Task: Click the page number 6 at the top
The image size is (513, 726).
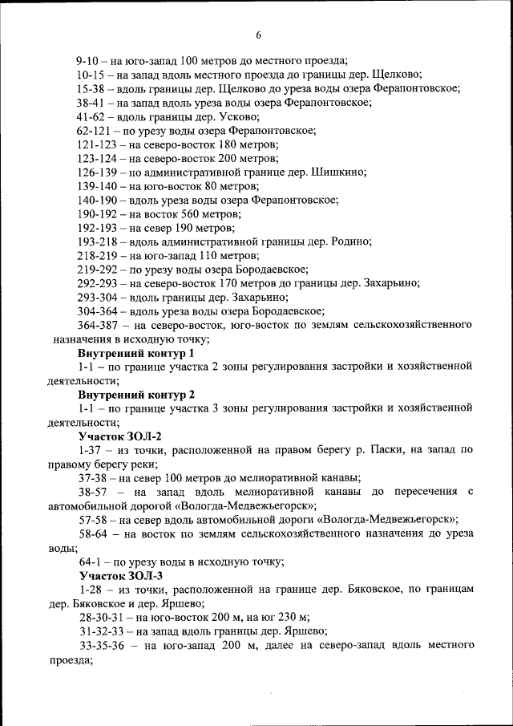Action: tap(258, 34)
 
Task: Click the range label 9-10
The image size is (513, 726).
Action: tap(89, 60)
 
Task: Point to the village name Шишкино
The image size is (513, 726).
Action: tap(342, 172)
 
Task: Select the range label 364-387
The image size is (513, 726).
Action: tap(99, 325)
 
